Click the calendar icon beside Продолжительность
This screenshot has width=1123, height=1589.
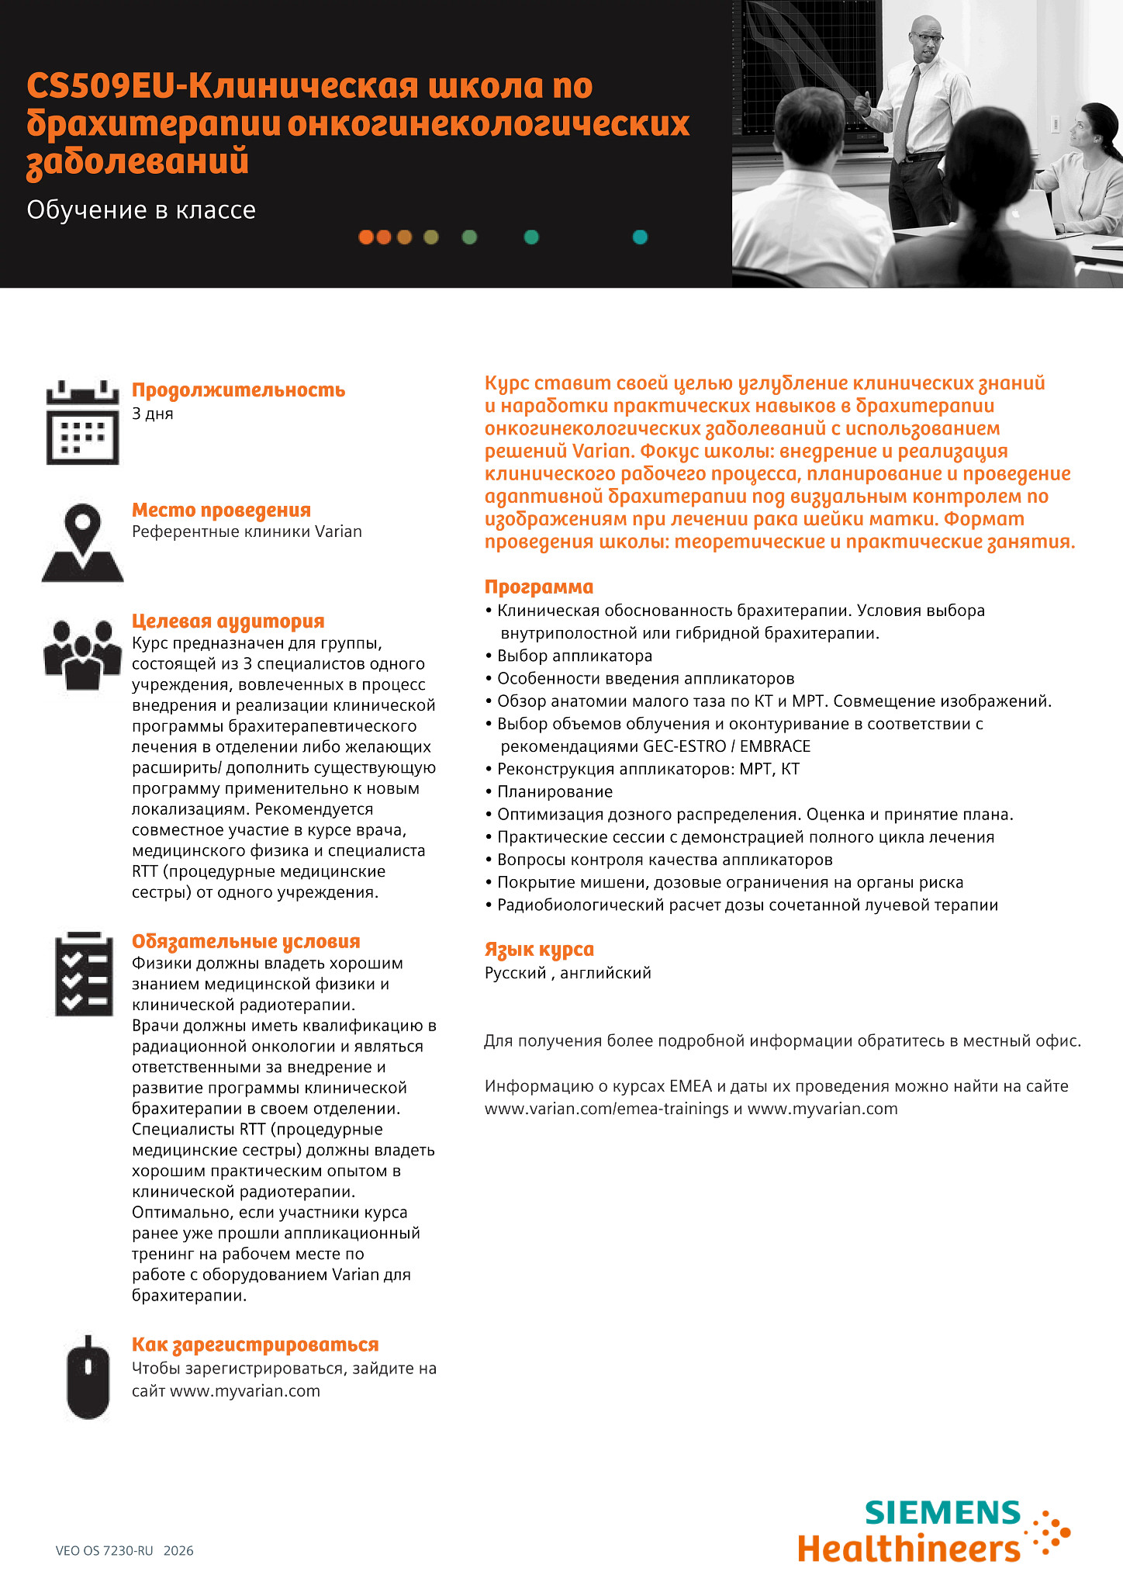point(82,423)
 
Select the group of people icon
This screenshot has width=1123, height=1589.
point(82,654)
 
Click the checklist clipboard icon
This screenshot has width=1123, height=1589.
point(84,974)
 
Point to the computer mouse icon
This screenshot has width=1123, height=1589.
point(88,1378)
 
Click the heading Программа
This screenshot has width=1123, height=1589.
point(539,587)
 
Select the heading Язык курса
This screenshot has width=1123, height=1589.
point(539,950)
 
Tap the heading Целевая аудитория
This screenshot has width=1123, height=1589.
point(228,621)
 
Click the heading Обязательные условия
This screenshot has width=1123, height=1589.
point(246,941)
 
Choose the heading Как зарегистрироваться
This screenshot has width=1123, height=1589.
point(255,1345)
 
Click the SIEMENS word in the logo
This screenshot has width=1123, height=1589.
point(942,1513)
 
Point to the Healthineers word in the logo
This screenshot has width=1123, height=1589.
point(908,1549)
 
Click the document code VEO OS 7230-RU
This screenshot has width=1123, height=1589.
point(105,1551)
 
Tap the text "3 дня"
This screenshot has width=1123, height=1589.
point(153,414)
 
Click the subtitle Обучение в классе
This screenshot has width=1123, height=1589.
point(141,210)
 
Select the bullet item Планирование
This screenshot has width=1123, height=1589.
point(555,791)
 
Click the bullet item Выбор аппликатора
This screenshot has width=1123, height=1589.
point(575,656)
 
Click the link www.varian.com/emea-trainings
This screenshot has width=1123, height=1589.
point(606,1109)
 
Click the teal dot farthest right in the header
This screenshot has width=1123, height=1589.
point(640,237)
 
